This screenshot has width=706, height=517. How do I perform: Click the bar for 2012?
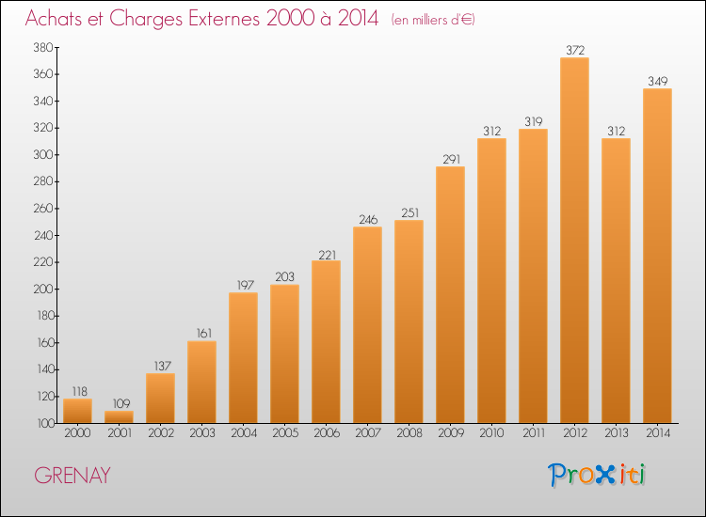[574, 240]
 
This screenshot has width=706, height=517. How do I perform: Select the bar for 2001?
[119, 416]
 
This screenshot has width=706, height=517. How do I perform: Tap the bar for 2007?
[367, 324]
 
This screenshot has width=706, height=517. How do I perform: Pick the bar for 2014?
[657, 256]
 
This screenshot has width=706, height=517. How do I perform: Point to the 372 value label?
[575, 50]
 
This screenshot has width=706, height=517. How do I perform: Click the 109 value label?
[121, 403]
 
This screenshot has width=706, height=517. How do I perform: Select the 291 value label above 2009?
[451, 159]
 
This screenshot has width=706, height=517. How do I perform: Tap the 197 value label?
[246, 285]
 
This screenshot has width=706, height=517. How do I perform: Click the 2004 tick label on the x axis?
[244, 433]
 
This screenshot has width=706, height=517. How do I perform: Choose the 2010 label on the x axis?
[491, 433]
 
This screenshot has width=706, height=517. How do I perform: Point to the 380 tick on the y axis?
[43, 47]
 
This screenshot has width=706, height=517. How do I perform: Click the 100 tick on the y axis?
[44, 423]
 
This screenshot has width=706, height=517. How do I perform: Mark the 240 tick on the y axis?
[43, 235]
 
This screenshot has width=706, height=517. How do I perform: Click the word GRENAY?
[72, 476]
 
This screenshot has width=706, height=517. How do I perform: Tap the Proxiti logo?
[597, 475]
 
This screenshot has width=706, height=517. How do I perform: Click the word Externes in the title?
[224, 19]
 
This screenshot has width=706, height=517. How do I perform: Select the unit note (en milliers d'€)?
[433, 20]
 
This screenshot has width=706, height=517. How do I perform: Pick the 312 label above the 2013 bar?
[617, 131]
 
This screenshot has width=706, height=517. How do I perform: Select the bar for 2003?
[201, 383]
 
